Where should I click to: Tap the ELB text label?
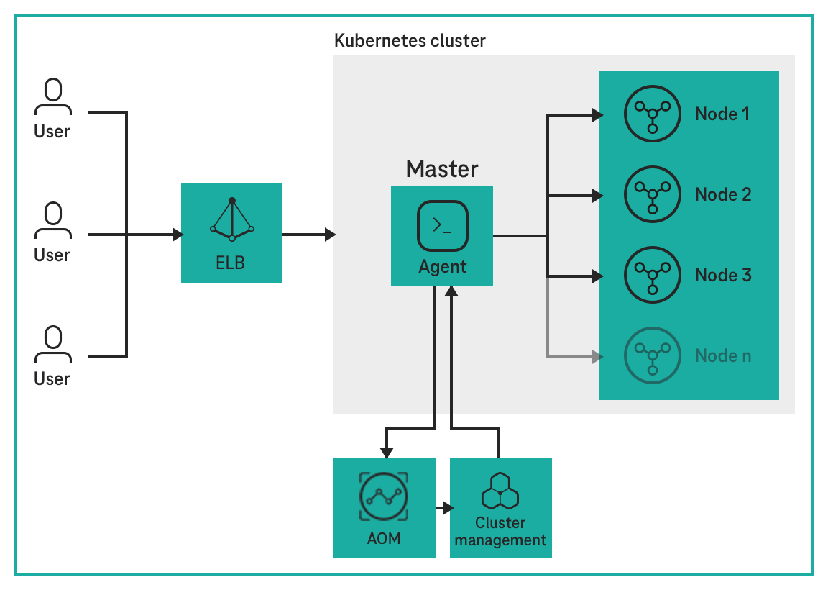click(x=231, y=263)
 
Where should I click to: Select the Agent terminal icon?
click(x=442, y=225)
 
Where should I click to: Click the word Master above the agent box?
click(x=442, y=169)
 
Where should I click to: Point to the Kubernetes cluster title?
click(x=410, y=40)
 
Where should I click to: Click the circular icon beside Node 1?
click(x=653, y=114)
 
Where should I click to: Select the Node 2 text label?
click(x=723, y=194)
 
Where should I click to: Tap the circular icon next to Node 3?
click(x=653, y=275)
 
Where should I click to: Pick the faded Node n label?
click(x=723, y=355)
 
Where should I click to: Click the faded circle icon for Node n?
click(x=653, y=355)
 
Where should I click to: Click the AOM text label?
click(x=384, y=538)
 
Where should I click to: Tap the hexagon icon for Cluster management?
click(x=500, y=491)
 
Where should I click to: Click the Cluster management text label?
click(x=500, y=531)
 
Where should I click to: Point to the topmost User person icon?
click(x=52, y=97)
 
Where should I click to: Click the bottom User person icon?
click(x=52, y=344)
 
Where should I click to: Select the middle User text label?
click(x=52, y=255)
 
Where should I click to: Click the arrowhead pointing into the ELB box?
click(x=177, y=235)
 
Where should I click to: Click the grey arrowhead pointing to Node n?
click(x=595, y=355)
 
